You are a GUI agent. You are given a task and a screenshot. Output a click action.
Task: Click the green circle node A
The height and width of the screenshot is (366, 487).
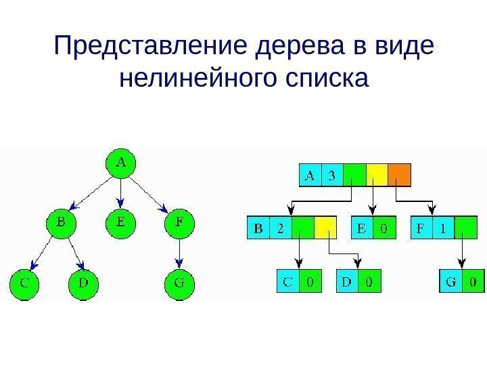(x=121, y=163)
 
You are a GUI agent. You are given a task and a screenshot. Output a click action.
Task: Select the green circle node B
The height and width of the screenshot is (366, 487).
(x=61, y=222)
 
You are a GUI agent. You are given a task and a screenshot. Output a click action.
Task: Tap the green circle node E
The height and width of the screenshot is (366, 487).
(x=121, y=222)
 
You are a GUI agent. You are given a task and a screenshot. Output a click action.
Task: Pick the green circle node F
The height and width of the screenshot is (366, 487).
(x=179, y=222)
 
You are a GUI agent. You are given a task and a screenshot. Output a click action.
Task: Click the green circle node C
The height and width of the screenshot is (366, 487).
(x=24, y=283)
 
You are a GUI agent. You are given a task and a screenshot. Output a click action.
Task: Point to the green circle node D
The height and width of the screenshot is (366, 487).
(x=83, y=283)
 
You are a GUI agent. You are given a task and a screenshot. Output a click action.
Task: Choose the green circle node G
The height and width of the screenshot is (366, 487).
(x=179, y=283)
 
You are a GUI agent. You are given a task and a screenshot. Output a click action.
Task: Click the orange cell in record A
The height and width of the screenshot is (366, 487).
(x=399, y=176)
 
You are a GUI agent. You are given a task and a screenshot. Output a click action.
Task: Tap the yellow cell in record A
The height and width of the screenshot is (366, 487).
(x=376, y=176)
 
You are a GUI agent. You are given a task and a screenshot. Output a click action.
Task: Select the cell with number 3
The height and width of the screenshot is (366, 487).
(x=331, y=176)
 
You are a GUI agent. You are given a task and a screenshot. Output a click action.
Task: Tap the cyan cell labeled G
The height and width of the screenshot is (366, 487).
(x=450, y=281)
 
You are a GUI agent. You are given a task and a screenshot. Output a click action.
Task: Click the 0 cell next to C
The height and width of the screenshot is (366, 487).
(x=310, y=281)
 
